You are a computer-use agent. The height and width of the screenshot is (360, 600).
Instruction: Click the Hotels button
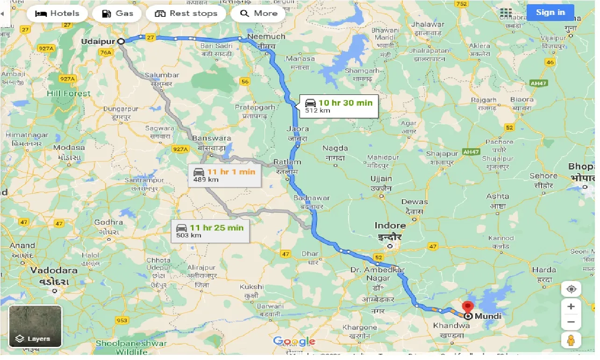(x=57, y=14)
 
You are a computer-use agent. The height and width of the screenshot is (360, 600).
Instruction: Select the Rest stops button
(x=186, y=14)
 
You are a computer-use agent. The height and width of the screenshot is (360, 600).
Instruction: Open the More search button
(x=258, y=14)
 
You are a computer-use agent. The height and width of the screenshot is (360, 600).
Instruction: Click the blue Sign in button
(x=550, y=13)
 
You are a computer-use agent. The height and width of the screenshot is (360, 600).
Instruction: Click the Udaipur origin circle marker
(x=121, y=42)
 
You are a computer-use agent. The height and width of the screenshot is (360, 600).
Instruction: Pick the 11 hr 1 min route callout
(x=225, y=175)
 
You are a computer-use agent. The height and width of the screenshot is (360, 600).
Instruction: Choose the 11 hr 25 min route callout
(x=210, y=231)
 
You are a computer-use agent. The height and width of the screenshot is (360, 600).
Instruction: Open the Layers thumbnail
(x=36, y=326)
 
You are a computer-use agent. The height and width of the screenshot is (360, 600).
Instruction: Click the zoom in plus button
(x=571, y=307)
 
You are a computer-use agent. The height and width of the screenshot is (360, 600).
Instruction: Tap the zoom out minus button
(x=571, y=322)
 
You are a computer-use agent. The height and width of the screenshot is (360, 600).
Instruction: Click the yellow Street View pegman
(x=571, y=340)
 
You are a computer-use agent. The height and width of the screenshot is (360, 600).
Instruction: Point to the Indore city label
(x=390, y=225)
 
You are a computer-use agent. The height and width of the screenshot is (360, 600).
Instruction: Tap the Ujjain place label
(x=381, y=179)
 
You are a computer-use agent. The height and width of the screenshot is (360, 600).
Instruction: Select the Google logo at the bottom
(x=294, y=342)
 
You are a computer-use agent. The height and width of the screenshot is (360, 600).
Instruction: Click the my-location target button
(x=571, y=289)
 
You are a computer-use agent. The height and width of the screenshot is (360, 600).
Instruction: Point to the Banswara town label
(x=212, y=138)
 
